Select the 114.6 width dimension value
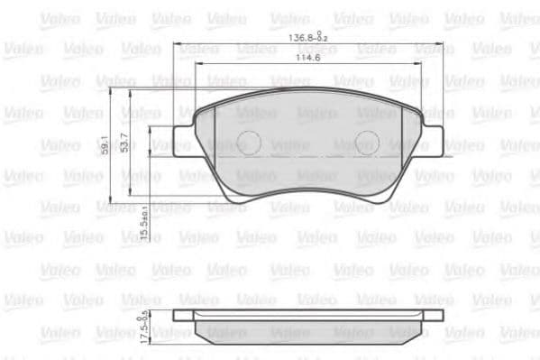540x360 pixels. point(308,60)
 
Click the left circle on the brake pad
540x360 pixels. point(250,141)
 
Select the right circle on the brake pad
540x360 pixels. point(367,141)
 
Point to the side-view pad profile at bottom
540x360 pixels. point(308,326)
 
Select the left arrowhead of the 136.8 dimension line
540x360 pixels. point(178,44)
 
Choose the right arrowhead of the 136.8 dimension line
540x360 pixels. point(442,44)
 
